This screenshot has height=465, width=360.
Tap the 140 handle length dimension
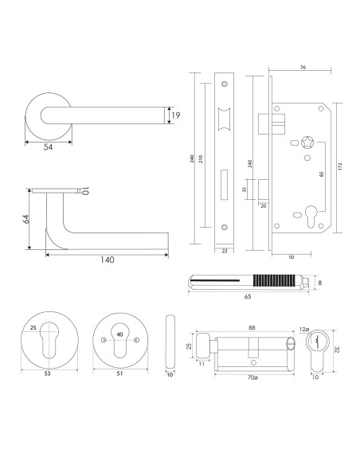click(x=107, y=260)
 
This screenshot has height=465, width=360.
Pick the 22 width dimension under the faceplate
click(x=224, y=252)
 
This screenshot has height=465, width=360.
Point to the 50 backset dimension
click(x=292, y=257)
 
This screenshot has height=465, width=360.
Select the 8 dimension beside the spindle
click(x=320, y=281)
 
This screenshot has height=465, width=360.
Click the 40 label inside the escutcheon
click(x=119, y=334)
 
